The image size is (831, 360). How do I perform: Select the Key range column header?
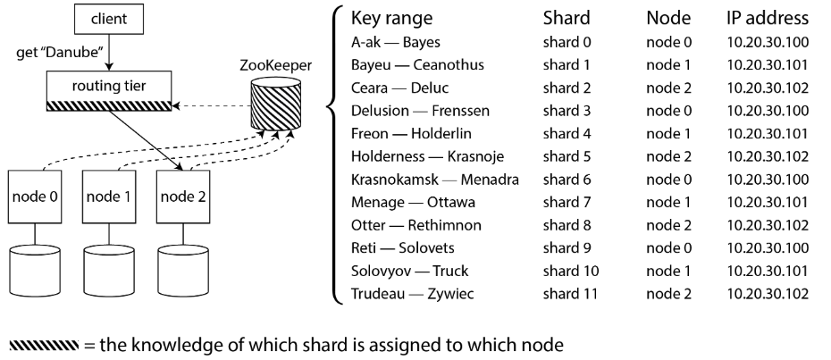[x=391, y=18]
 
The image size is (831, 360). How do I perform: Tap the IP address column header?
[x=768, y=18]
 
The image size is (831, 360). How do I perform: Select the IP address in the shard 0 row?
[x=768, y=42]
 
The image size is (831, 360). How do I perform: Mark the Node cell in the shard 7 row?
[x=668, y=202]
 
